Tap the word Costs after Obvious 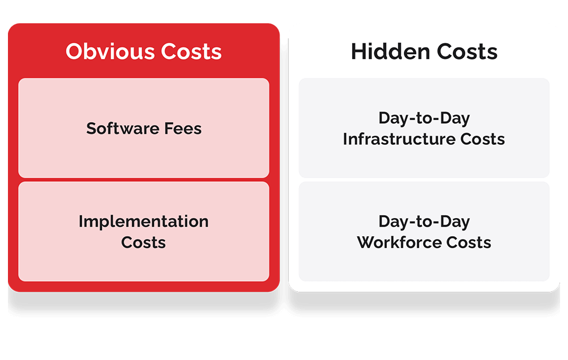point(191,51)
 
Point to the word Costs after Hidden point(467,51)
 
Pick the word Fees point(183,128)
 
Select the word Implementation point(144,221)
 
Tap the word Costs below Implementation point(144,242)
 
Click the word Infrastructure point(399,139)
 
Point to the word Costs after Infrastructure point(482,139)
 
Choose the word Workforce point(399,242)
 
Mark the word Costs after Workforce point(469,242)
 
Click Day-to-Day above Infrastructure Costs point(424,118)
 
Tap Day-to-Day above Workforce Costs point(424,221)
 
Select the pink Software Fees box point(144,128)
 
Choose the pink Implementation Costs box point(144,232)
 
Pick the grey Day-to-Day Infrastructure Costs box point(424,128)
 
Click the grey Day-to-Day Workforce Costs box point(424,232)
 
